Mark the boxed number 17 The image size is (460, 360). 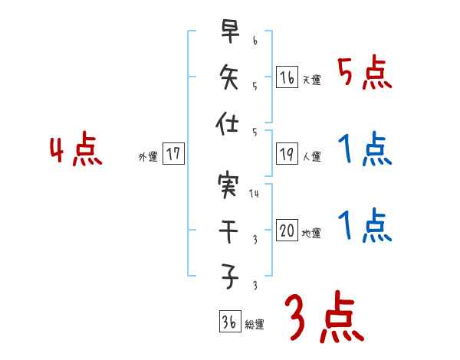click(x=173, y=154)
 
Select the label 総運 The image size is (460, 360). click(x=255, y=325)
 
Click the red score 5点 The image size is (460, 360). click(x=365, y=74)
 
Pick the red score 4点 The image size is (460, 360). click(x=75, y=150)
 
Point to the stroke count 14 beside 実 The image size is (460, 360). click(x=255, y=194)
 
